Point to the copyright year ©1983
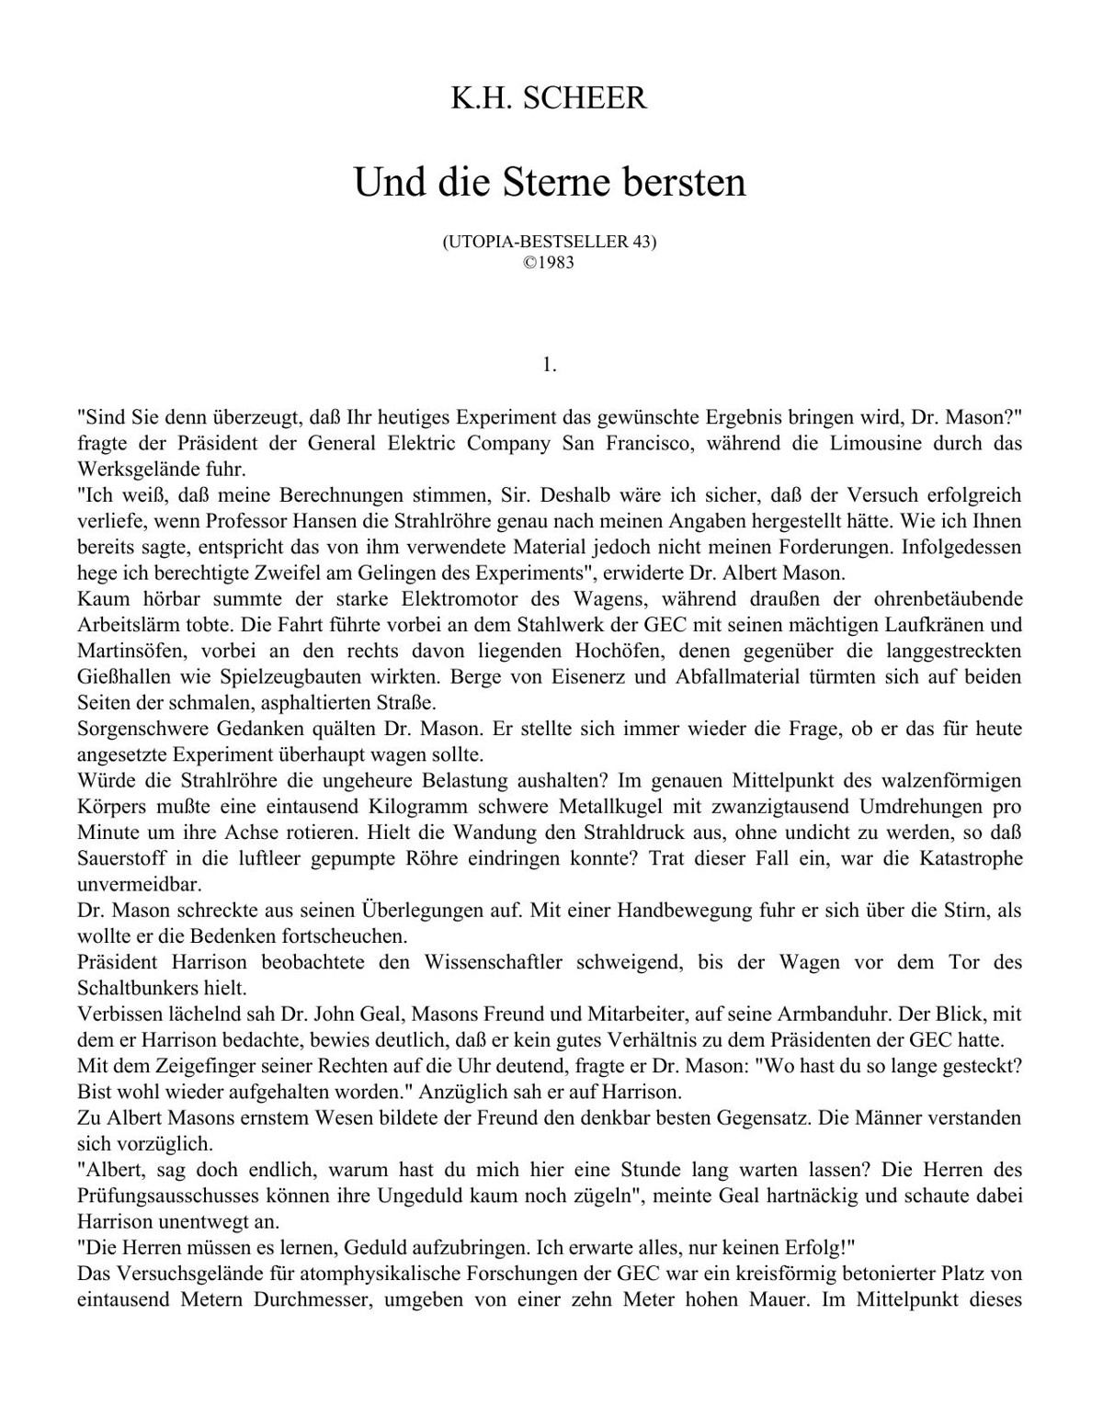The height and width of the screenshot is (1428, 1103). point(549,260)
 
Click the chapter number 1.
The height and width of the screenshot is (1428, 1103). point(550,365)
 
